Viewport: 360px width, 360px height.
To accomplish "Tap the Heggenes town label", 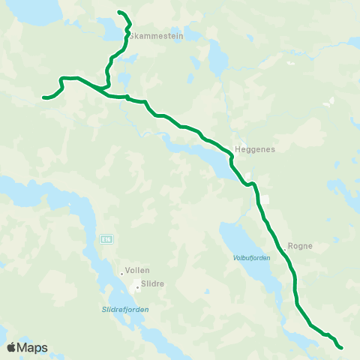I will tap(256, 149).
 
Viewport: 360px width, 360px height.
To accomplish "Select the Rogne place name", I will tap(300, 245).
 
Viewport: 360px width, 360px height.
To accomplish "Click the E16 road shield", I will tap(106, 238).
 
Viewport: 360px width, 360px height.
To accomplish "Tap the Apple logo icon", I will tap(11, 347).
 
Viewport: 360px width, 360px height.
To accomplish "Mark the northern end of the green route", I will tap(120, 11).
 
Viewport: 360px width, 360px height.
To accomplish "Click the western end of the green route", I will tap(44, 97).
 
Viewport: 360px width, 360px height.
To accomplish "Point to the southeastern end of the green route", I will tap(340, 347).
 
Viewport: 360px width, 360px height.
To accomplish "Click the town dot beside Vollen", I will tap(121, 273).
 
